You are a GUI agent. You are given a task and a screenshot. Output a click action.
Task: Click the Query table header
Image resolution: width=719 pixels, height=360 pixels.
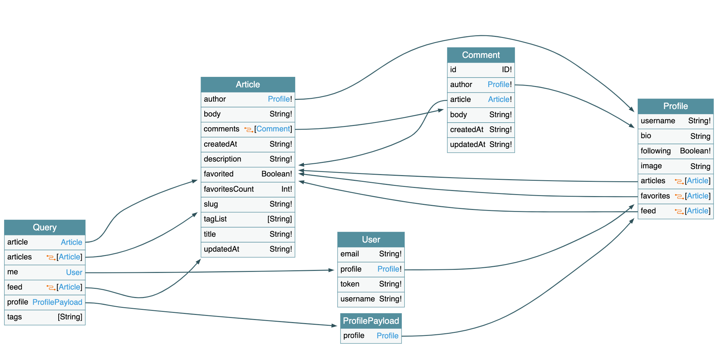[44, 227]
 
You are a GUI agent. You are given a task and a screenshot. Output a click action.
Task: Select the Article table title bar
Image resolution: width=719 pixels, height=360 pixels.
[248, 84]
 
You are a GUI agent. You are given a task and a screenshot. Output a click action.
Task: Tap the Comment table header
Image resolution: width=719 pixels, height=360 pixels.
[480, 55]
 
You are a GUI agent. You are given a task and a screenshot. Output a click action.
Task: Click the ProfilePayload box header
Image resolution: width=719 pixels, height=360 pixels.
[371, 321]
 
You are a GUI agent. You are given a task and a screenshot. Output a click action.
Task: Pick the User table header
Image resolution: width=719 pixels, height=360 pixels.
[371, 239]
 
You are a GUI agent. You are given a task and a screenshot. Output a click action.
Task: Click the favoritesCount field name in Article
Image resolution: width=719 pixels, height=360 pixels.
[229, 189]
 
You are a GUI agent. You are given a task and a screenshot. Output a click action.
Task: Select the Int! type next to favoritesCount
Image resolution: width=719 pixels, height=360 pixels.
[286, 189]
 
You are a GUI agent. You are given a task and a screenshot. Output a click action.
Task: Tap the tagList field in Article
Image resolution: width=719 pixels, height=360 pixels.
[215, 219]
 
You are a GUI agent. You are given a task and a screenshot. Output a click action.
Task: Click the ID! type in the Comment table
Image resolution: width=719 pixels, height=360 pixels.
[507, 69]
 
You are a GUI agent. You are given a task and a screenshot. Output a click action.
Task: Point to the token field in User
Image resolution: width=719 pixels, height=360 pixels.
[350, 284]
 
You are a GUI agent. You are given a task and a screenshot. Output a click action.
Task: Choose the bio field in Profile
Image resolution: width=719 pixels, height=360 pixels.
[646, 136]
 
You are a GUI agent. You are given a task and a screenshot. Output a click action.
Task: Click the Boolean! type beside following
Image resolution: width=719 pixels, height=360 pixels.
[695, 151]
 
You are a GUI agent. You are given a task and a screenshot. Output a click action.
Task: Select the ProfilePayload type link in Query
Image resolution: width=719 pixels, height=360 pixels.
[57, 302]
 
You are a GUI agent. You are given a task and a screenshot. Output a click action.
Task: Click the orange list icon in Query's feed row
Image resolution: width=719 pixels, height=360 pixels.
[51, 287]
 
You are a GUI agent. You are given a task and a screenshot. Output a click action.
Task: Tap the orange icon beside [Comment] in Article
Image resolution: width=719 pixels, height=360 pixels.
[249, 129]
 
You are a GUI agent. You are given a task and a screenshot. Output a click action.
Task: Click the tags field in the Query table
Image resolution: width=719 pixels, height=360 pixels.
[15, 317]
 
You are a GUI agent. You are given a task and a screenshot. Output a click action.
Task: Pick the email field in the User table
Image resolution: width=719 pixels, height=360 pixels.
[350, 254]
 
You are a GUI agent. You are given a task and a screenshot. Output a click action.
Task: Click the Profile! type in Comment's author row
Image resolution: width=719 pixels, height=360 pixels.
[499, 84]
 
